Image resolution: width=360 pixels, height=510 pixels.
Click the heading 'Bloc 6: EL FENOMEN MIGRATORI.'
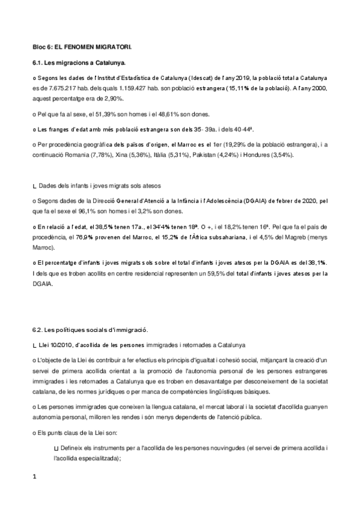(x=82, y=46)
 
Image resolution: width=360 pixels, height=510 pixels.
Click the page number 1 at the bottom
(x=35, y=477)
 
